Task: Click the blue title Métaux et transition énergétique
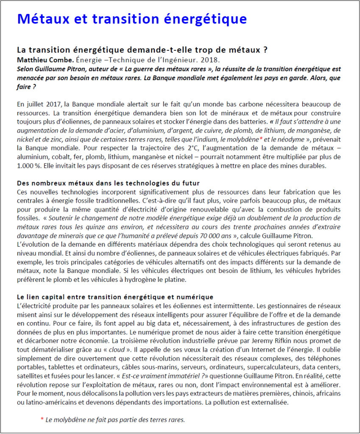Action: [132, 19]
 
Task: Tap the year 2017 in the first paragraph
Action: [50, 104]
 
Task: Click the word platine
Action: [185, 280]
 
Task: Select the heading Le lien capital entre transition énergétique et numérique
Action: [115, 297]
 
